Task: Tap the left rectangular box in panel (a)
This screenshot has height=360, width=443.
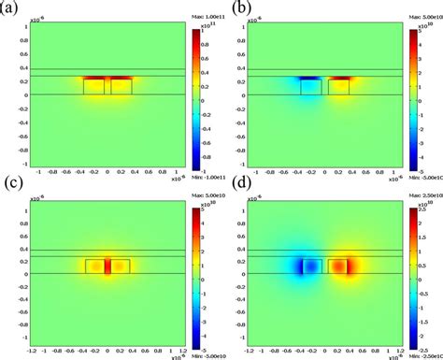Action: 93,86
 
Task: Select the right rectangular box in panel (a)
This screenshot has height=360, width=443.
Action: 121,86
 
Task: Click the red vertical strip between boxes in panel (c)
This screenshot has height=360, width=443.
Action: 107,266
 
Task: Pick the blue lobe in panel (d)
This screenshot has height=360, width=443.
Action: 304,266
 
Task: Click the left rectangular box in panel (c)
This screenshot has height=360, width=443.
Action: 93,266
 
